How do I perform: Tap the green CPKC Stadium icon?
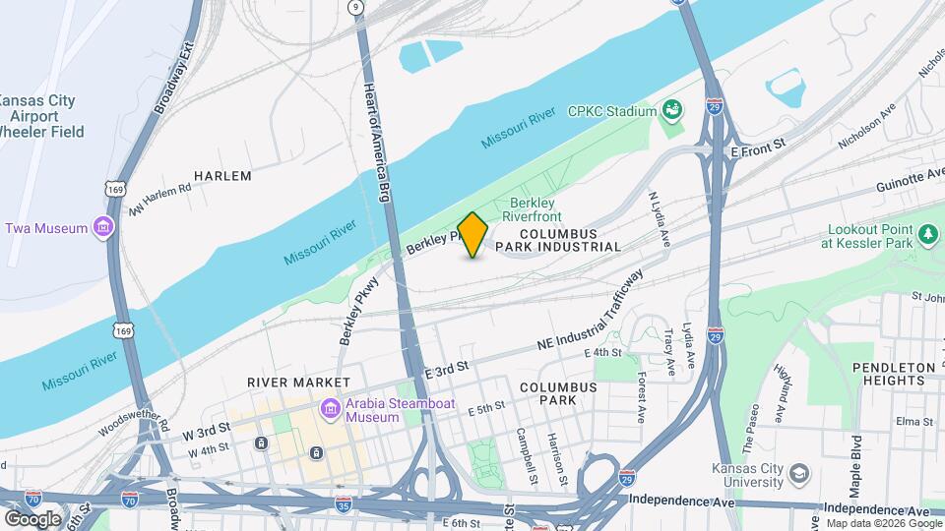[673, 110]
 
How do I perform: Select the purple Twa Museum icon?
[103, 228]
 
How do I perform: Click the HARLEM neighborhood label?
[222, 176]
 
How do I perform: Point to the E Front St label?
[757, 144]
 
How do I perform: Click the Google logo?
[32, 518]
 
